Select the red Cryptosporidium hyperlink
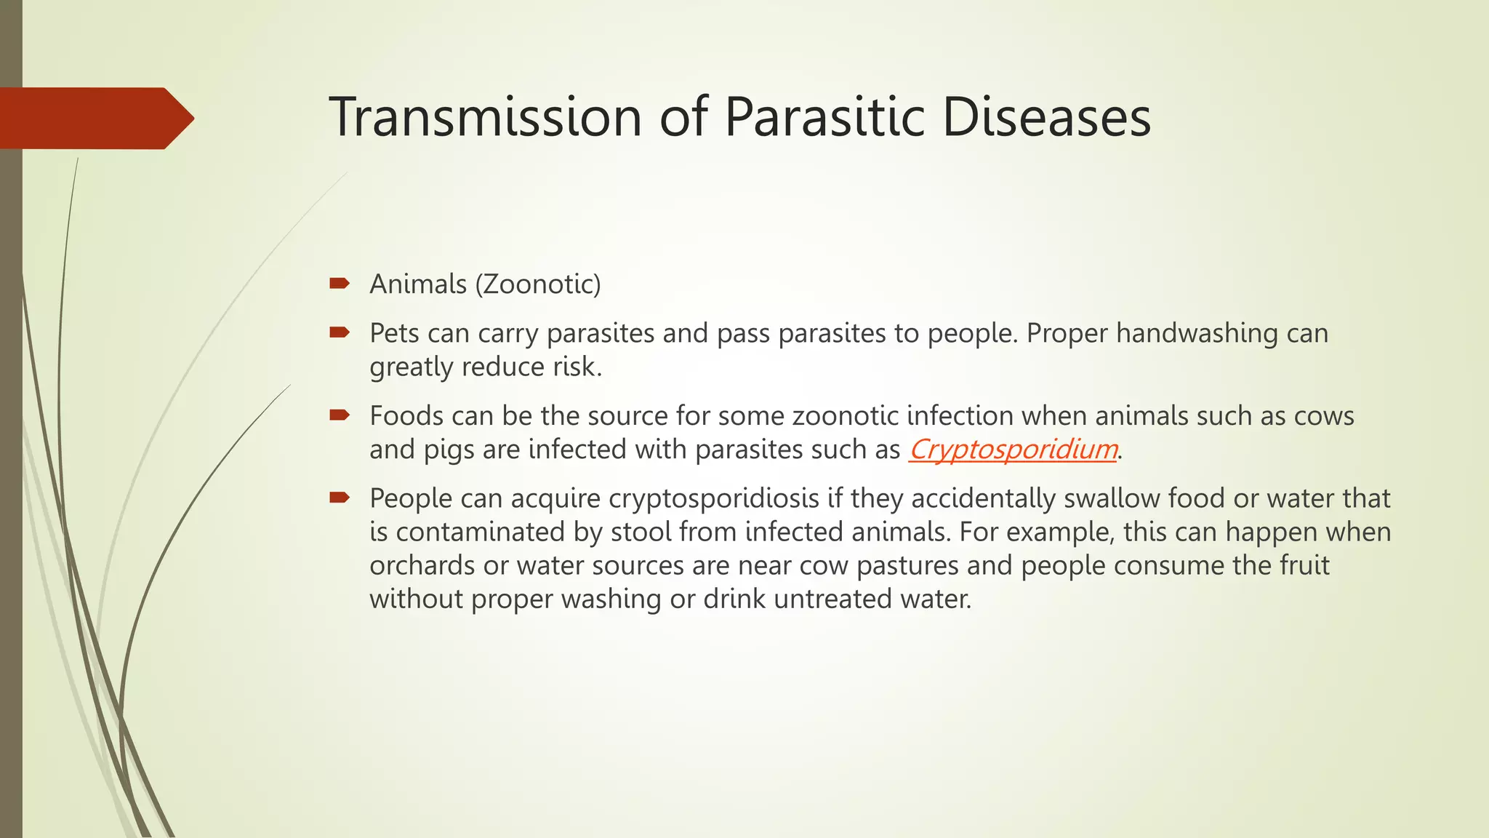[x=1013, y=450]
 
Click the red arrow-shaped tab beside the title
[x=95, y=118]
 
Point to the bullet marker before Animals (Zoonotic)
[x=340, y=283]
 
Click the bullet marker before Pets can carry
[x=340, y=332]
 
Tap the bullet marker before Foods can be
[x=340, y=415]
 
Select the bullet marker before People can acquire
[x=340, y=498]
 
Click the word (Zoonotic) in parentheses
[x=538, y=284]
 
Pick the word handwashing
[x=1197, y=333]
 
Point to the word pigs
[x=449, y=450]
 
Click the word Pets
[x=394, y=333]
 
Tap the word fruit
[x=1304, y=565]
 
